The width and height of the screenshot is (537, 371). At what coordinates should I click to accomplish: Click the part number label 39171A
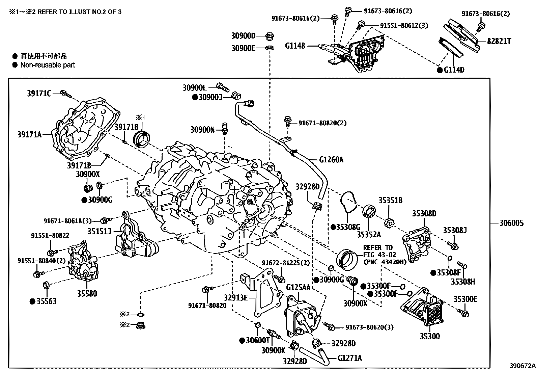tap(29, 135)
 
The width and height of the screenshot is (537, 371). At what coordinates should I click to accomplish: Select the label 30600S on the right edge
tap(512, 223)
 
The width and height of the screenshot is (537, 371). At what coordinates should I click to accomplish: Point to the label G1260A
tap(331, 159)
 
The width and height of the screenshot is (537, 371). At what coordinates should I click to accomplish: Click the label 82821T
tap(499, 41)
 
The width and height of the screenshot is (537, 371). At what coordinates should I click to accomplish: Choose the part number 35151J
tap(100, 231)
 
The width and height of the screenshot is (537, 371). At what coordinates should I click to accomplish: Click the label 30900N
tap(202, 130)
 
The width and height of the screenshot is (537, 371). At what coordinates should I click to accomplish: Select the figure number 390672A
tap(522, 366)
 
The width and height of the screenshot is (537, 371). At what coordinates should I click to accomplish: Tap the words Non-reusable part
tap(48, 65)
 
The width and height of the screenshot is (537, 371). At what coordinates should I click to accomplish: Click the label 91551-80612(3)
tap(404, 25)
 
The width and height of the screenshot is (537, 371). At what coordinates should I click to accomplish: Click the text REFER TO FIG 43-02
tap(379, 251)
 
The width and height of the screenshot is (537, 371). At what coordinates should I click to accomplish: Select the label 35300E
tap(465, 299)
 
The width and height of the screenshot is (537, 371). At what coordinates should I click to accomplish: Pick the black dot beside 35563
tap(33, 301)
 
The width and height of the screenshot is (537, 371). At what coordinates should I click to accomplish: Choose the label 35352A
tap(369, 234)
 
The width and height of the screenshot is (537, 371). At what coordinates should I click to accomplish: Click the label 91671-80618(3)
tap(67, 221)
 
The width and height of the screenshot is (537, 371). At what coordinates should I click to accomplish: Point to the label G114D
tap(454, 70)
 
